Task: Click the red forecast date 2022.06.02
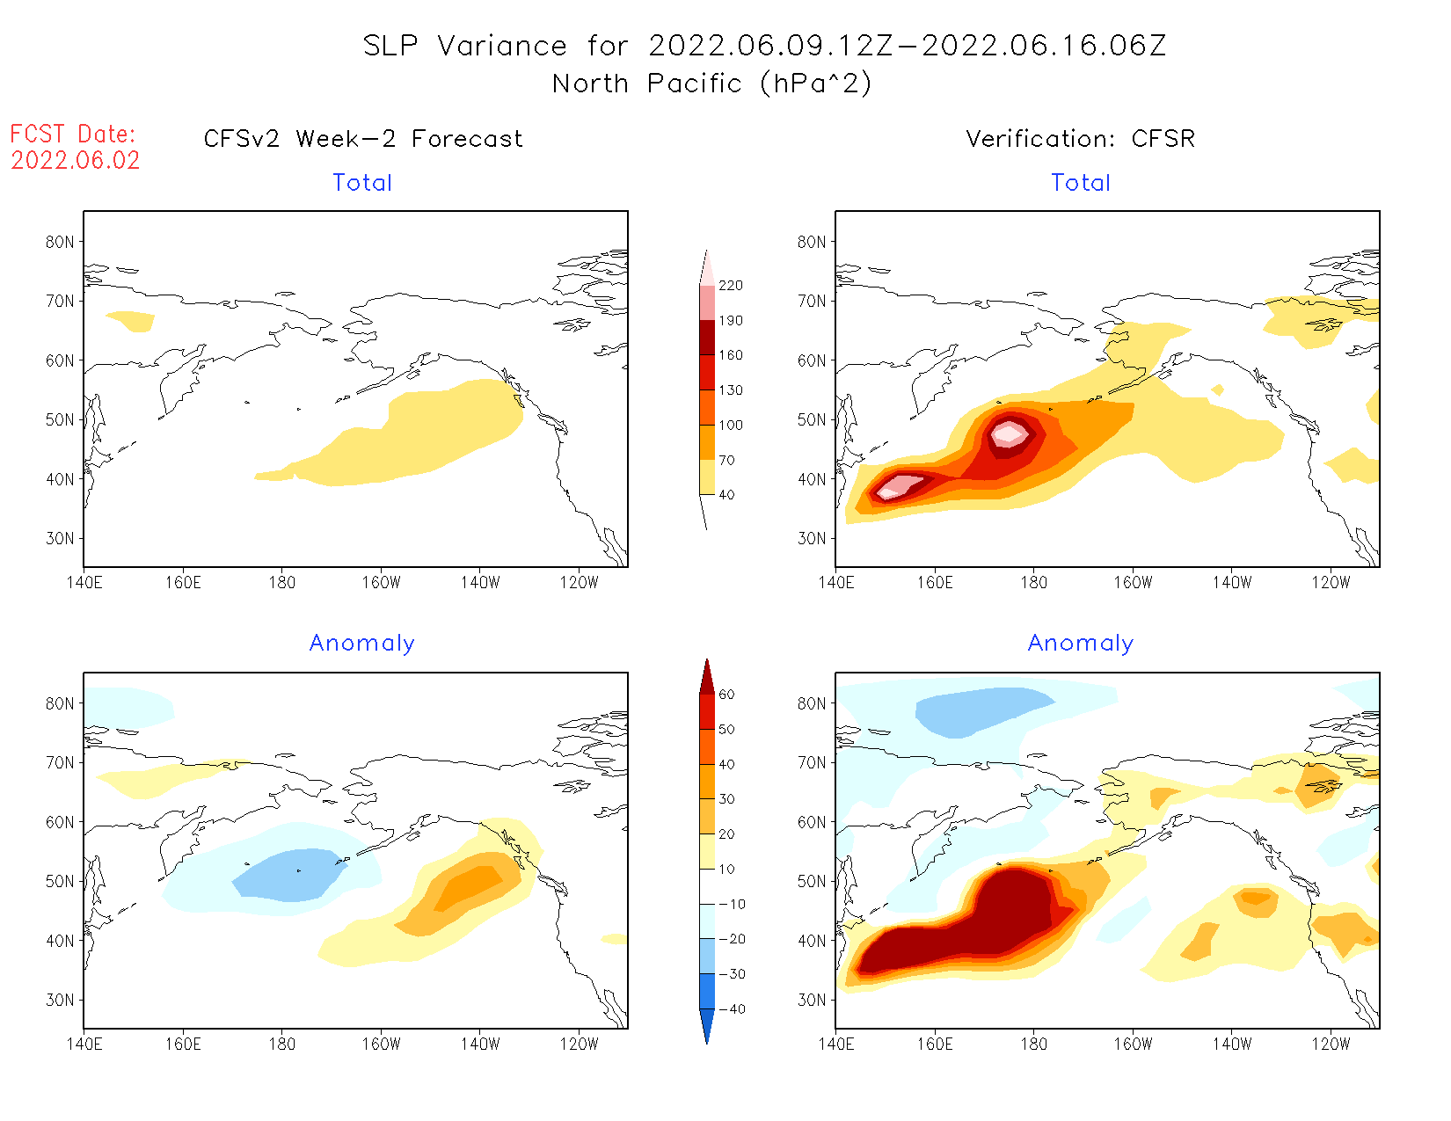click(76, 161)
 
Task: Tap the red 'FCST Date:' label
click(73, 135)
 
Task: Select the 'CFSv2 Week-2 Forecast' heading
click(363, 139)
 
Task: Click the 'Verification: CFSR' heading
click(1080, 139)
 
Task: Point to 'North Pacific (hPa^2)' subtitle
click(712, 84)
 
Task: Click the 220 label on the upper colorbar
click(730, 286)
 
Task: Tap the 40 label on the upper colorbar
click(726, 495)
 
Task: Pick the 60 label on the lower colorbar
click(726, 695)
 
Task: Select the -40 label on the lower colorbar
click(731, 1009)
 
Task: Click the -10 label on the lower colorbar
click(731, 904)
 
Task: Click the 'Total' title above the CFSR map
click(1081, 183)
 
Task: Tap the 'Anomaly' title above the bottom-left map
click(362, 644)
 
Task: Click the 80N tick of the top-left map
click(60, 242)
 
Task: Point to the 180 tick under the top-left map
click(281, 583)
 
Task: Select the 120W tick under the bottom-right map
click(1331, 1045)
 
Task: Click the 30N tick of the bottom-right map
click(812, 1000)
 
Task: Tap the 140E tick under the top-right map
click(836, 583)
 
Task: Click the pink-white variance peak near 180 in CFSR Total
click(1009, 433)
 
